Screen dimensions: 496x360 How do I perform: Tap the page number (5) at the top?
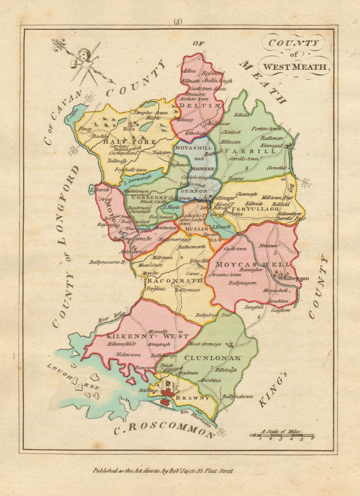pos(178,22)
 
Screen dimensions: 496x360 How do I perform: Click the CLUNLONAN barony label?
pos(212,358)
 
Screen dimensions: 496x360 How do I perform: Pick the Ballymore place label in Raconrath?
pos(187,290)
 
